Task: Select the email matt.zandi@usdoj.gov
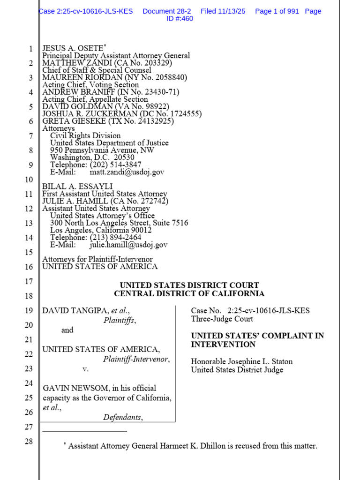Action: click(127, 172)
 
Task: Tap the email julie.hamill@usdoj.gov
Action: click(128, 245)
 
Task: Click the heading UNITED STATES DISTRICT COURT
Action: click(189, 285)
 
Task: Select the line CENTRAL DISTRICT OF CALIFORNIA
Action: click(189, 294)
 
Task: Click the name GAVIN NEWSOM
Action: click(72, 388)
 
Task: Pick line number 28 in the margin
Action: click(29, 442)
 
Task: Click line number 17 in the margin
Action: click(29, 282)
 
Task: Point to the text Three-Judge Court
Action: click(222, 319)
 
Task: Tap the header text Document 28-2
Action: click(166, 11)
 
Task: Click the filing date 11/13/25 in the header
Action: click(233, 11)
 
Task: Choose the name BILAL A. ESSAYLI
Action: click(77, 187)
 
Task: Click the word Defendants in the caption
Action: click(122, 417)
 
